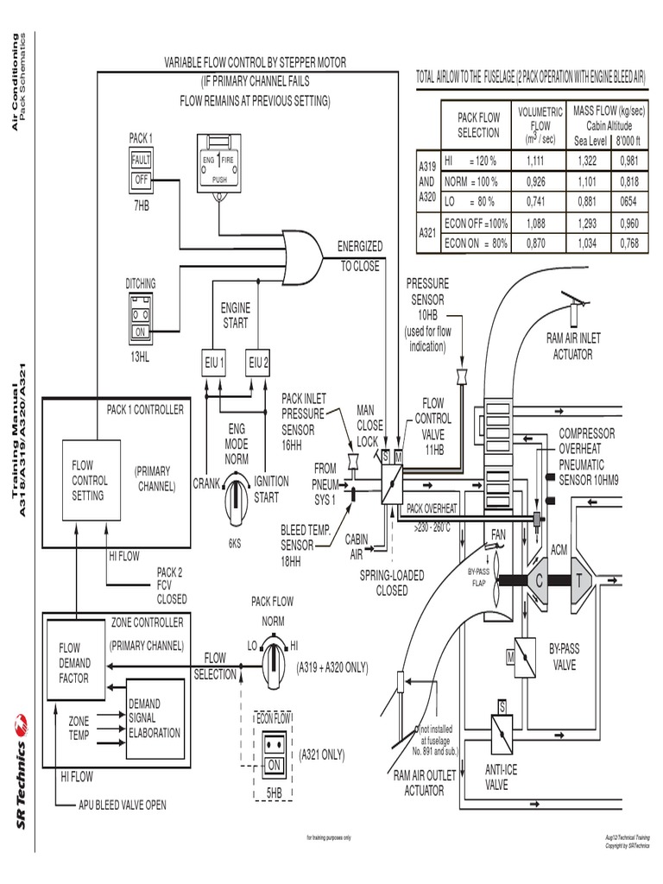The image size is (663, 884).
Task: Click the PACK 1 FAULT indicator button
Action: (141, 161)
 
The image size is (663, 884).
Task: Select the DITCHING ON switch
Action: (141, 331)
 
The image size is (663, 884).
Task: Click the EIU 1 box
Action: (215, 362)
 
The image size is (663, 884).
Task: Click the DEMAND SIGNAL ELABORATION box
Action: (155, 718)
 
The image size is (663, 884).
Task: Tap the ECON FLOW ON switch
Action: (275, 765)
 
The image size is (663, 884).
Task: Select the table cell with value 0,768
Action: (633, 243)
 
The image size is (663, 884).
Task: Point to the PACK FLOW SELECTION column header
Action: (477, 125)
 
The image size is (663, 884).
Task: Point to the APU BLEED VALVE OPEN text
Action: (122, 805)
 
